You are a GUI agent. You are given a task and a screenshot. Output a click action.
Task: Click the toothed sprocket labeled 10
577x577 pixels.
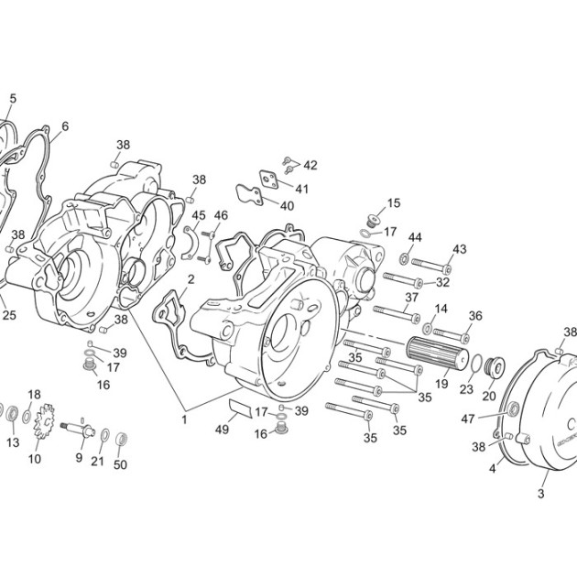44,421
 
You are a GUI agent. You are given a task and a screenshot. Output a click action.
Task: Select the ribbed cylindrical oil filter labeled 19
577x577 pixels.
437,353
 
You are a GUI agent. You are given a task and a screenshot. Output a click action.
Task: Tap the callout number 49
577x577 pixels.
222,429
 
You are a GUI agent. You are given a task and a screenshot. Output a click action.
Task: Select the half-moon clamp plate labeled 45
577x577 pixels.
191,243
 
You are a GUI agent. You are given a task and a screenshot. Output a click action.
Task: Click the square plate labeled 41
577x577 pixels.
268,180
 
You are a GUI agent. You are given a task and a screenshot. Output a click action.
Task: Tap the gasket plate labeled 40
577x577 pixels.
249,195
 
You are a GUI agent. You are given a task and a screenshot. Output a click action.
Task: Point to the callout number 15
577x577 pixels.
394,202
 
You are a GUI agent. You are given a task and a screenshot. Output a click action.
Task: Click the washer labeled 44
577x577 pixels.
404,258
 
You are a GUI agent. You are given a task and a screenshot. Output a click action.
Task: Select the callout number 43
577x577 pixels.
460,249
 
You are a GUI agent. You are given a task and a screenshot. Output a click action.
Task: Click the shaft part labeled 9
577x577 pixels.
78,430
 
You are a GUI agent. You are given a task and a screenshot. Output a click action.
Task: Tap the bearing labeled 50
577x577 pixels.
121,440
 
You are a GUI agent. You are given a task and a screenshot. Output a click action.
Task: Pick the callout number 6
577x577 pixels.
65,126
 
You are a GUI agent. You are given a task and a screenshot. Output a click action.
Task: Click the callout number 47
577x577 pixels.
468,419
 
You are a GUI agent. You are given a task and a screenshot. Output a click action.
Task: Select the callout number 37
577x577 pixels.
412,297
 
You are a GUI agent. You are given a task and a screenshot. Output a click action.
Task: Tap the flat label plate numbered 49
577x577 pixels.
241,408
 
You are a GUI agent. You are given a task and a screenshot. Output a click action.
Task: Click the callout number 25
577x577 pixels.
9,315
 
